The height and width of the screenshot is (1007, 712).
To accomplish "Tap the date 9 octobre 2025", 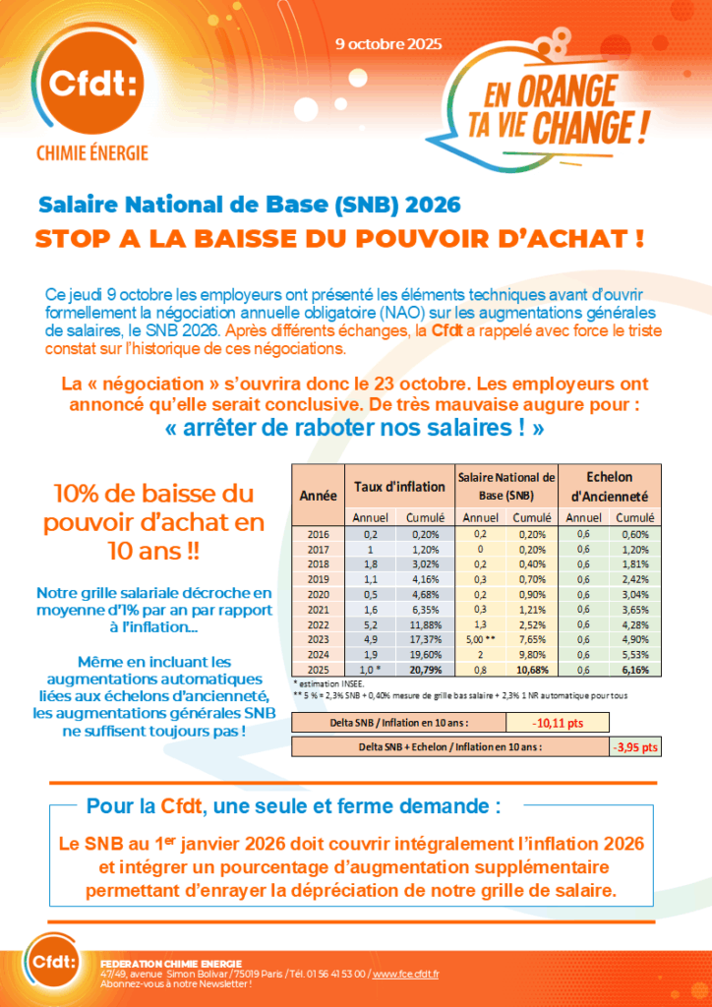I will pos(388,44).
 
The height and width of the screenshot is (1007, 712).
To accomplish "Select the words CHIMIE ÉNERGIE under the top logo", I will pos(91,152).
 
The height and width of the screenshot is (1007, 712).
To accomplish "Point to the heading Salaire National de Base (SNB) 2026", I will pos(249,206).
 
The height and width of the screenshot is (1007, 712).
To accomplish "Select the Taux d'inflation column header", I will pos(399,486).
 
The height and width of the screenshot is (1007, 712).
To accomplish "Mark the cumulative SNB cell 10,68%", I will pos(532,669).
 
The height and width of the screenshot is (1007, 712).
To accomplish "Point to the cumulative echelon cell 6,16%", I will pos(640,669).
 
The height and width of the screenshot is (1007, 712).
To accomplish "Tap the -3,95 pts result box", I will pos(635,747).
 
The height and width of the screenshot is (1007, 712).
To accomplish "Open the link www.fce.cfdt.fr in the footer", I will pos(406,974).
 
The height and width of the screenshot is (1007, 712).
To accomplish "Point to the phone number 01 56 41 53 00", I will pos(334,974).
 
